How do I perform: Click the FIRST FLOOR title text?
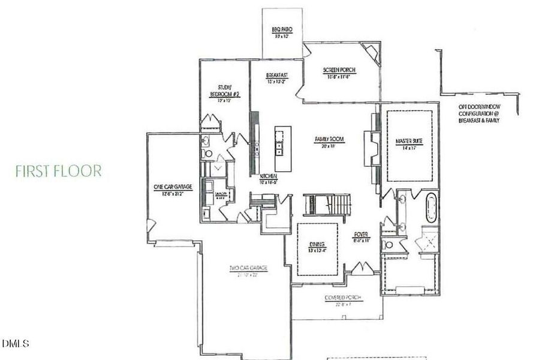click(58, 170)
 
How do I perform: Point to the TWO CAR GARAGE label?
click(247, 271)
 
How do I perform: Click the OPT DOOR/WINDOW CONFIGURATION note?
click(480, 113)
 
